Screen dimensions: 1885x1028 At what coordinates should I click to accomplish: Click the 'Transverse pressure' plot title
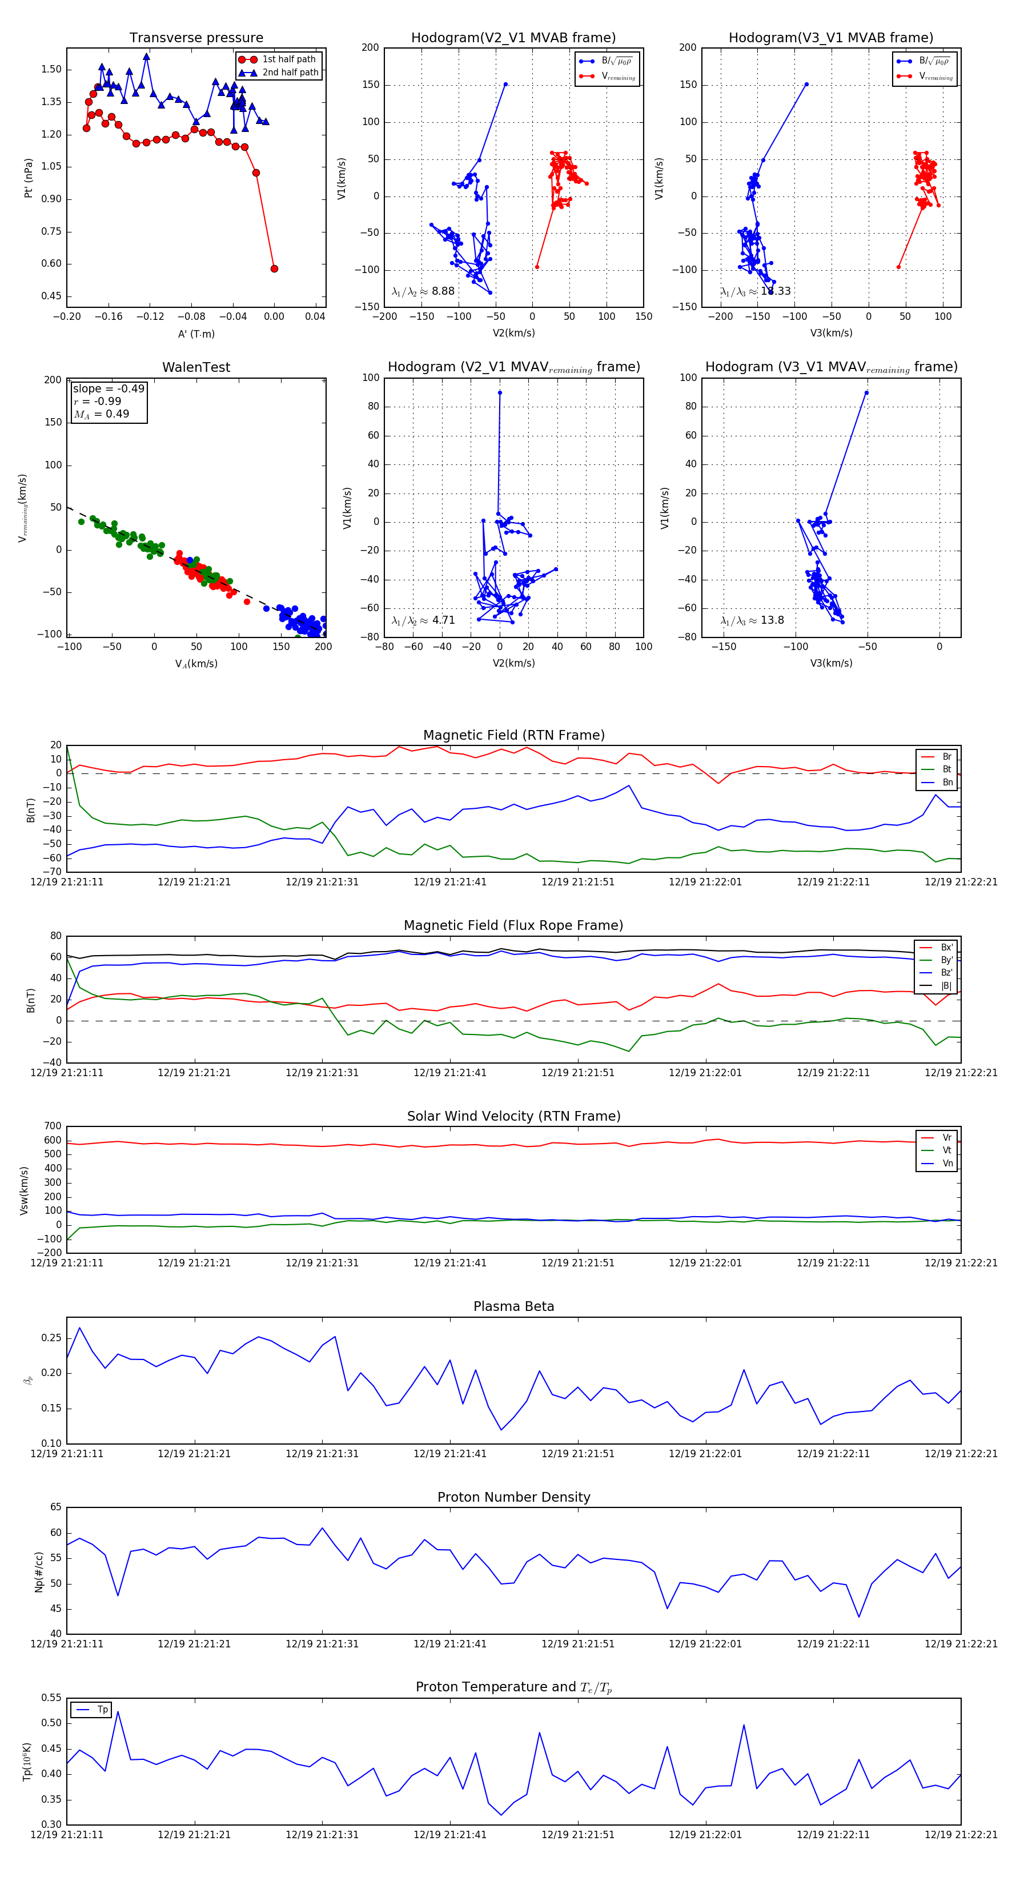click(196, 38)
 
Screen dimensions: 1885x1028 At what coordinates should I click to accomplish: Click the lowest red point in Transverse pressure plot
click(274, 268)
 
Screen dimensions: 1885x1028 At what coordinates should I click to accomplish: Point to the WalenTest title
click(196, 367)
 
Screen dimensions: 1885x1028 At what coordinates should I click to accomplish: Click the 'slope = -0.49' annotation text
click(109, 388)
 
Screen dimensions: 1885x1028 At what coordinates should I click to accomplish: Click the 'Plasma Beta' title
click(513, 1306)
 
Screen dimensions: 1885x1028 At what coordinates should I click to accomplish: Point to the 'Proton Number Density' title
click(513, 1497)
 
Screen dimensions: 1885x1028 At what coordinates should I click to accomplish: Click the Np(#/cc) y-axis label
click(39, 1572)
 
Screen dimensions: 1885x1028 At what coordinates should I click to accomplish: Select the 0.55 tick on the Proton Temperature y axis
click(51, 1698)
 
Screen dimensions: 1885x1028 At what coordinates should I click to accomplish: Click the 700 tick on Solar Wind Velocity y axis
click(53, 1126)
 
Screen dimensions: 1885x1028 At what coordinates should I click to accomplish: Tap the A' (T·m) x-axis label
click(196, 334)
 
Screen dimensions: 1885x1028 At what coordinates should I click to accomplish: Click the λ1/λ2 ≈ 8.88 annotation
click(423, 291)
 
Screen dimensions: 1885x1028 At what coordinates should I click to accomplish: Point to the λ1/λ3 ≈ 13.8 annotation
click(752, 620)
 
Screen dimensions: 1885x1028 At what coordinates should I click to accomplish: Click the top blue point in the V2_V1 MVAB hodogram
click(505, 84)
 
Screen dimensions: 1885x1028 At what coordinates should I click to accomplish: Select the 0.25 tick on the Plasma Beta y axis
click(51, 1338)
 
